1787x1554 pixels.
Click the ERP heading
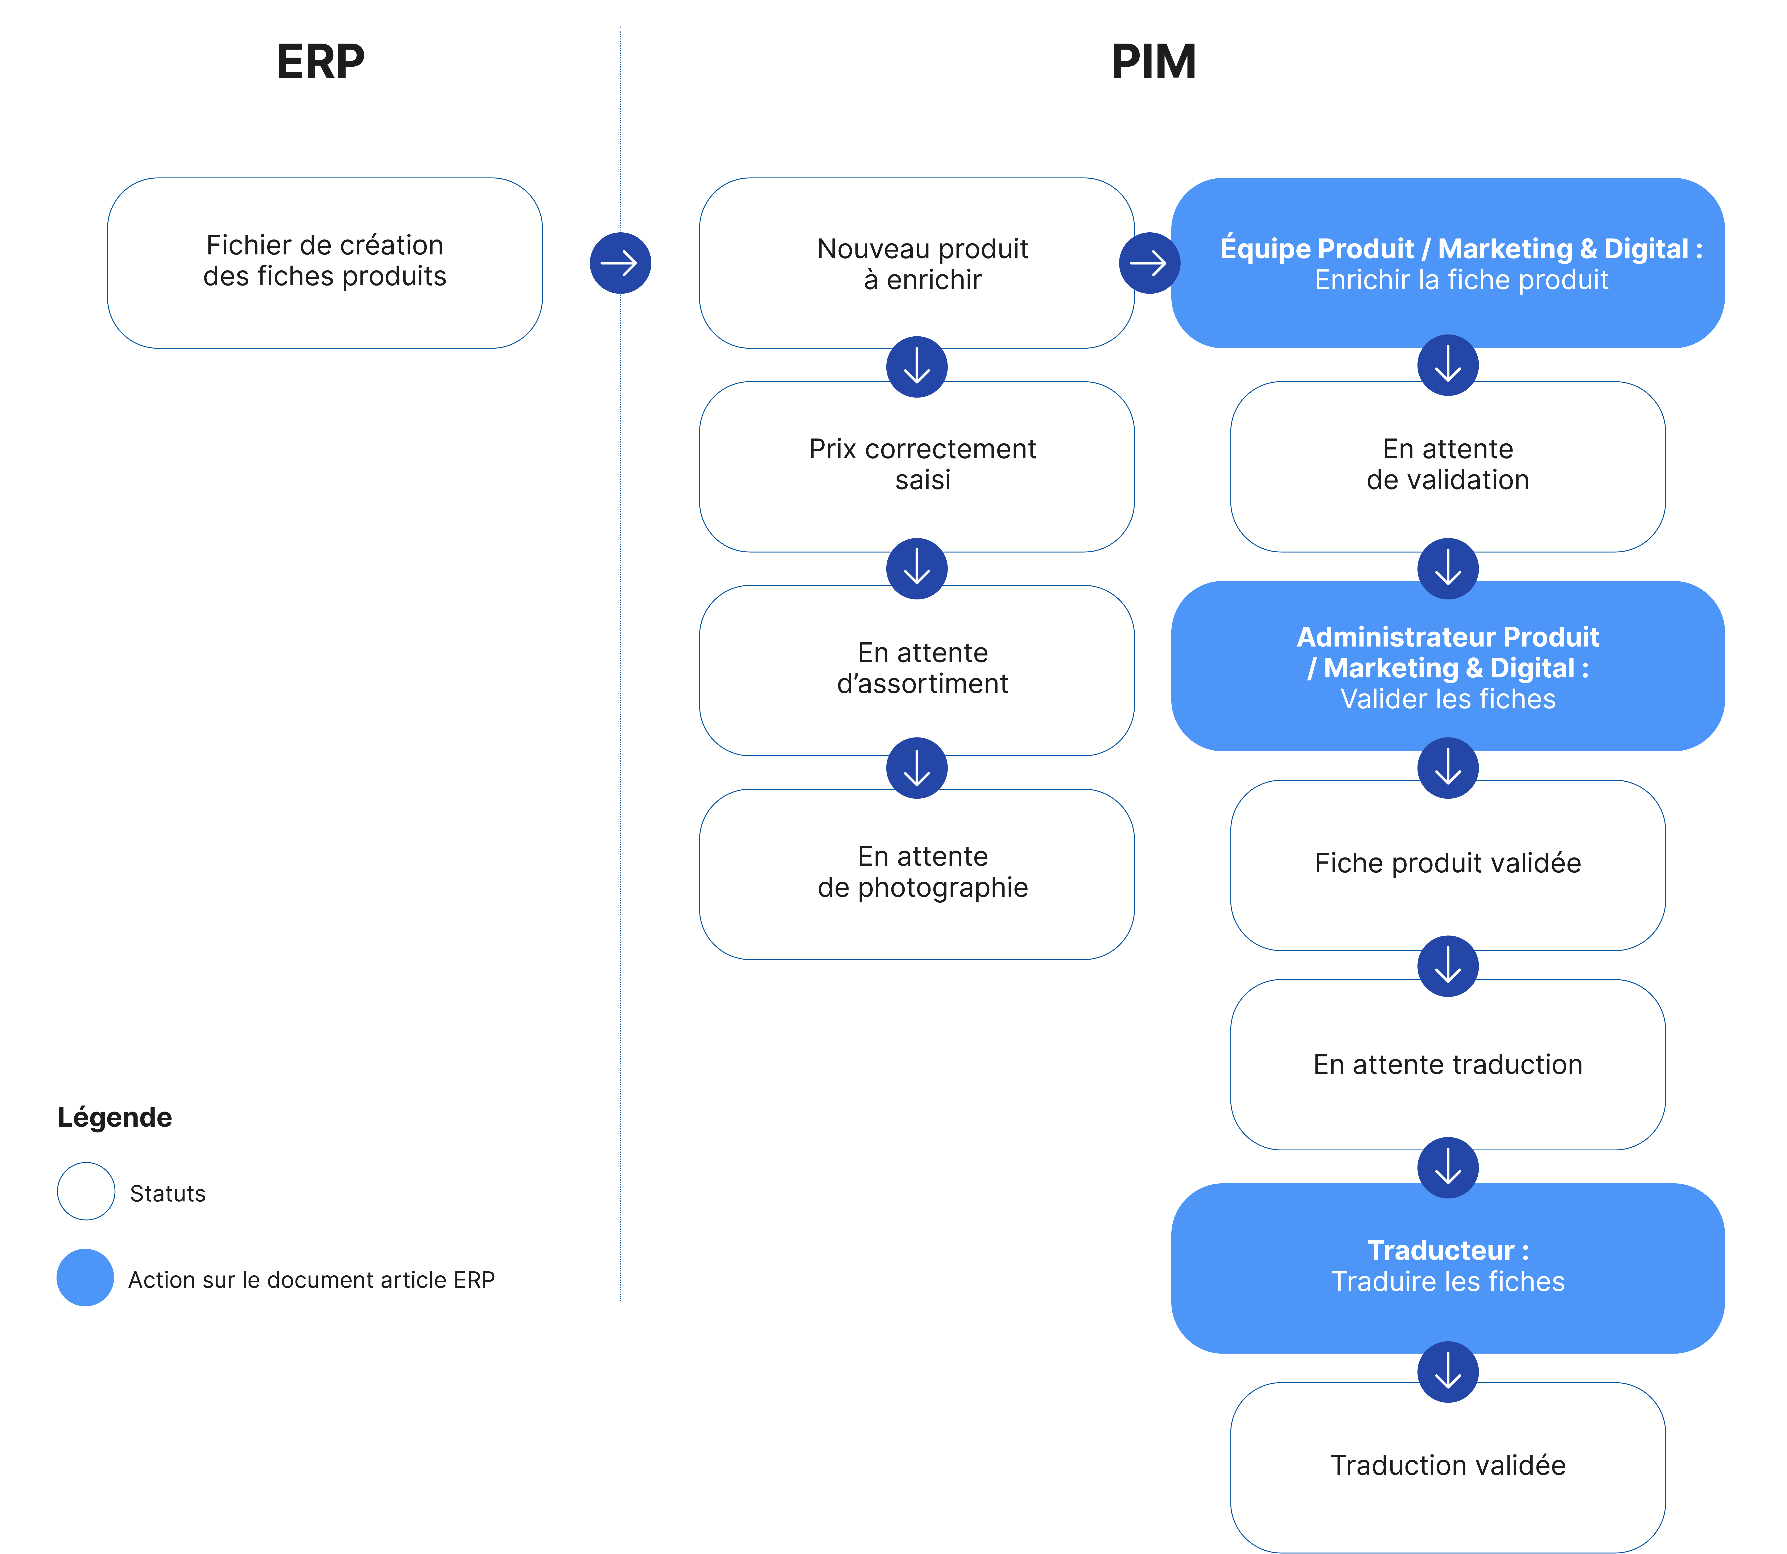click(x=320, y=62)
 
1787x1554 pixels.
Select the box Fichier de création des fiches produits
click(x=325, y=263)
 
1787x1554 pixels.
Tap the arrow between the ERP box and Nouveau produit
click(x=620, y=263)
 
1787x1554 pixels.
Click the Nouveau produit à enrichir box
click(x=917, y=263)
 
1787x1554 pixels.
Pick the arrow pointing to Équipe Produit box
click(x=1150, y=263)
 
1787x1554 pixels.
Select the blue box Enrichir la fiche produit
click(x=1448, y=263)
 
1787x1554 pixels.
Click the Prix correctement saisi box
click(x=917, y=466)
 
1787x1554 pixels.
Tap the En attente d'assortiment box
click(x=917, y=670)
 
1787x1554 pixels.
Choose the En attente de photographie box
click(x=917, y=874)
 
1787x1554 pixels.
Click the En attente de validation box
click(x=1448, y=466)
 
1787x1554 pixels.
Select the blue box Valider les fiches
click(x=1448, y=666)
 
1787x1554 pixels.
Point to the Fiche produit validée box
click(x=1448, y=865)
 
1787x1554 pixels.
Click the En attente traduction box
click(x=1448, y=1065)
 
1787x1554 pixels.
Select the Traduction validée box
click(x=1448, y=1467)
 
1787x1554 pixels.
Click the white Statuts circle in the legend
click(x=86, y=1192)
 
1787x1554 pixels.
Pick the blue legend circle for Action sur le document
click(x=85, y=1277)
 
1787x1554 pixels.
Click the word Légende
click(x=115, y=1118)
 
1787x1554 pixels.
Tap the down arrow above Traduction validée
click(x=1448, y=1372)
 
